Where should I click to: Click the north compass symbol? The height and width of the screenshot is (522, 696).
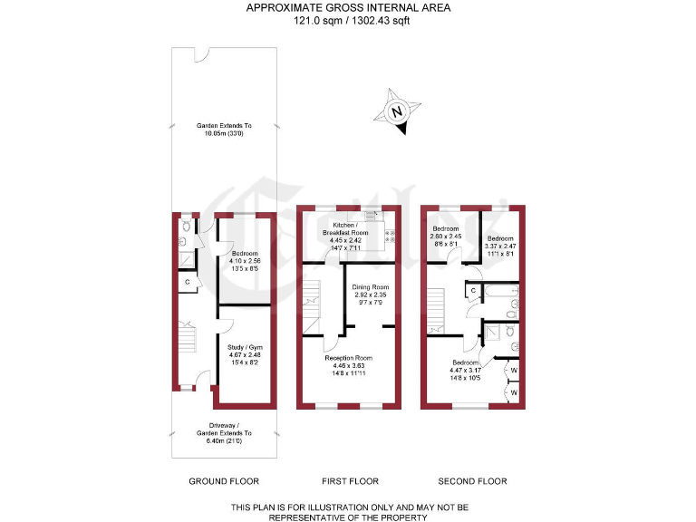pyautogui.click(x=396, y=113)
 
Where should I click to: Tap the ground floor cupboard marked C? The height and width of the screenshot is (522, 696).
pyautogui.click(x=188, y=283)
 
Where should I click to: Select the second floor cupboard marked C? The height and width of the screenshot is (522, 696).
pyautogui.click(x=474, y=290)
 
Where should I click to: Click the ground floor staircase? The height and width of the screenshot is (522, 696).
pyautogui.click(x=186, y=340)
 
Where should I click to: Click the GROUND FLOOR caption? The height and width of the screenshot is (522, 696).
pyautogui.click(x=224, y=481)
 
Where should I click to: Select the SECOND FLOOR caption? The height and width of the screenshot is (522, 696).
pyautogui.click(x=472, y=481)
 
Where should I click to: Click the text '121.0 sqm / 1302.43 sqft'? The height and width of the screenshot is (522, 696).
pyautogui.click(x=349, y=22)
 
